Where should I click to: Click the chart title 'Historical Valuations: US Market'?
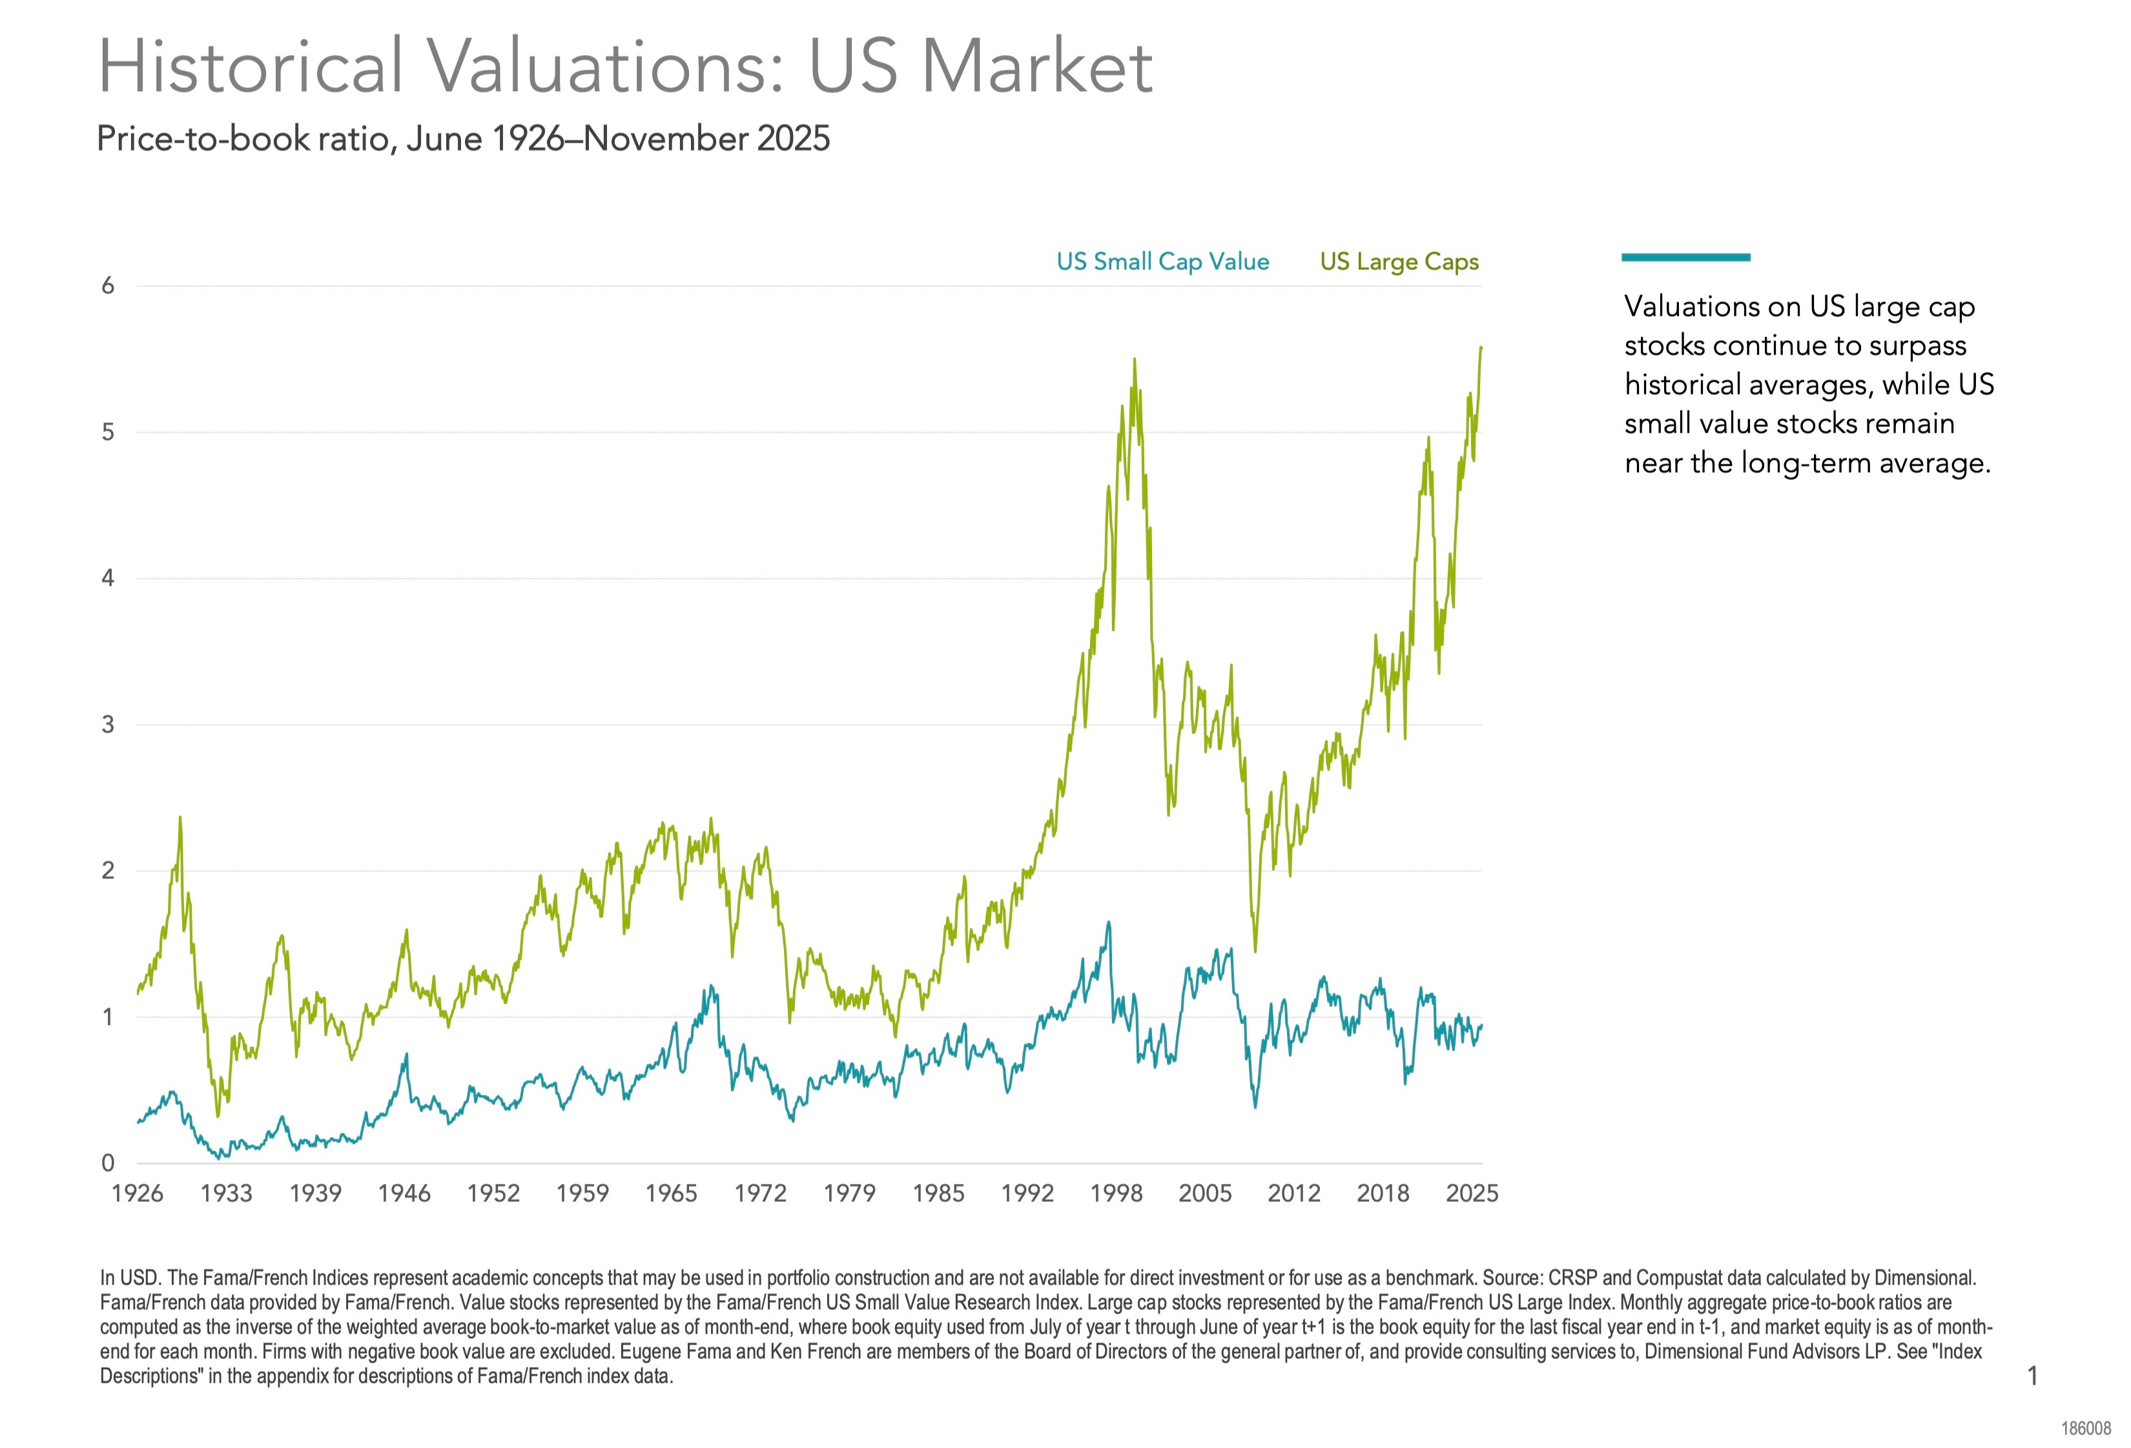[624, 66]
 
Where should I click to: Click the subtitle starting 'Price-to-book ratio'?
[463, 138]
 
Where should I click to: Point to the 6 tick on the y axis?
[108, 286]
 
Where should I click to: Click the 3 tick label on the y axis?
[108, 725]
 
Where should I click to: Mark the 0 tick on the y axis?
[108, 1163]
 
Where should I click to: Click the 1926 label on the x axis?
[138, 1193]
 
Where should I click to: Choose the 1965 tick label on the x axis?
[671, 1193]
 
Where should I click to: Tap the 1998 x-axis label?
[1116, 1193]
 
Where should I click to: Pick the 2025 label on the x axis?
[1472, 1193]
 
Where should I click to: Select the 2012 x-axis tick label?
[1294, 1193]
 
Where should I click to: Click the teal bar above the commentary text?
[1685, 258]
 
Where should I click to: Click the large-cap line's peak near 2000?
[1134, 360]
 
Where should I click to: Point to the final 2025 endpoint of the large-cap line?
[1481, 347]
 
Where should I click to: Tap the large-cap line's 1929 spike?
[180, 817]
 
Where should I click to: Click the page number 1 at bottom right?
[2032, 1376]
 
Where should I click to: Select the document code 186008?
[2086, 1429]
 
